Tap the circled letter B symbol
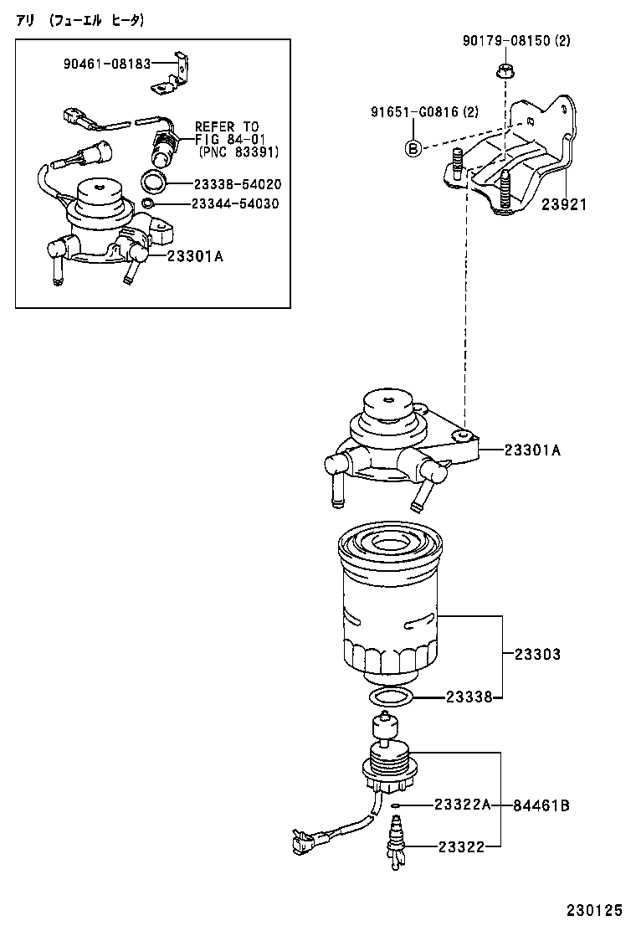tap(413, 148)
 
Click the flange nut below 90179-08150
tap(505, 71)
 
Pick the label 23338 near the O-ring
tap(468, 697)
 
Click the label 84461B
tap(541, 805)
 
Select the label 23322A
tap(461, 805)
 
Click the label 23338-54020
tap(237, 183)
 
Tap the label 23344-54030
tap(237, 203)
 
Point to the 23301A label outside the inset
tap(532, 450)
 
